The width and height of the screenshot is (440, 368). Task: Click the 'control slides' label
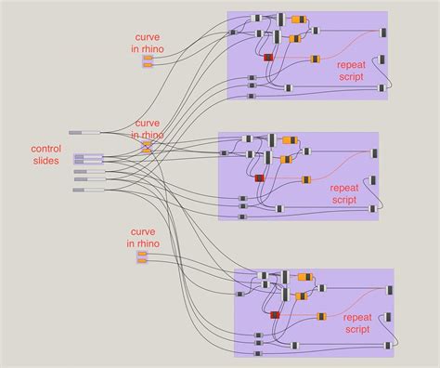(45, 154)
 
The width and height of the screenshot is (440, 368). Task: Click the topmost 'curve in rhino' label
(148, 42)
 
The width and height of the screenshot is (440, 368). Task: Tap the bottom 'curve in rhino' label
(143, 237)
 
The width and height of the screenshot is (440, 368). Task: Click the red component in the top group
(268, 58)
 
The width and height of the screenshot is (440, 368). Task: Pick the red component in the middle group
(259, 177)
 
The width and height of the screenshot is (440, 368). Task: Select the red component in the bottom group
(275, 315)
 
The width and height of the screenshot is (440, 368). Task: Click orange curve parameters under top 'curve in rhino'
(148, 61)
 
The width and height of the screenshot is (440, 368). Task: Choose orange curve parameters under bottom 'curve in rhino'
(142, 256)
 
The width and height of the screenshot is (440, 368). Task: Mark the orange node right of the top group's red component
(313, 58)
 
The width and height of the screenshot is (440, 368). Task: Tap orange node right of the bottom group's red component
(321, 316)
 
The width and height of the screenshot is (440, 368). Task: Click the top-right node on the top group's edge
(383, 32)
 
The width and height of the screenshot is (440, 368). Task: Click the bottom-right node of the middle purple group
(373, 209)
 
